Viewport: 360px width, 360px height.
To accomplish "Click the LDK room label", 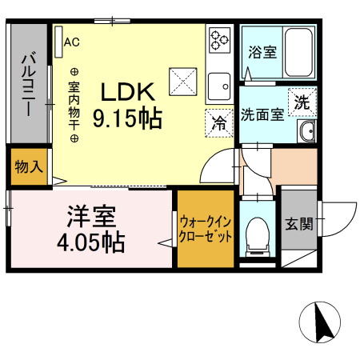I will click(126, 90).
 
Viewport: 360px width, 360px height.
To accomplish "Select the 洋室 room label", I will click(90, 216).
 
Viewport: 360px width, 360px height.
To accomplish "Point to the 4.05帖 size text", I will click(90, 241).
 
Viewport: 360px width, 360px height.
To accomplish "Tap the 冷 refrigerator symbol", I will click(218, 122).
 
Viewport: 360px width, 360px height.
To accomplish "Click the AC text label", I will click(71, 41).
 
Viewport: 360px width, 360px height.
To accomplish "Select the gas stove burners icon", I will click(218, 40).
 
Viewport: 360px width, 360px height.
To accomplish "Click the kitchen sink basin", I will click(218, 84).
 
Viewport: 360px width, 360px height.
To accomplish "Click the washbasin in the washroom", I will click(306, 132).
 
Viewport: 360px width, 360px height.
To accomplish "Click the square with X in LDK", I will click(182, 79).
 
